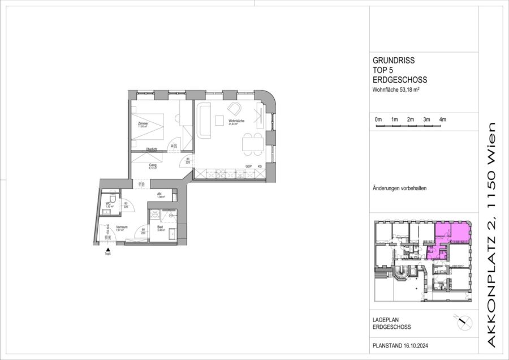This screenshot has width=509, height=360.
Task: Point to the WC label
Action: (x=108, y=205)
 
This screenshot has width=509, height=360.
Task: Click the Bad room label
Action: (x=160, y=226)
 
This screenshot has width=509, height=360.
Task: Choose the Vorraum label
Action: (x=120, y=227)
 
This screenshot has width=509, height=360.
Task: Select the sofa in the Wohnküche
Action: (x=203, y=121)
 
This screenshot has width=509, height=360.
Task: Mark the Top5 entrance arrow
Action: (x=107, y=248)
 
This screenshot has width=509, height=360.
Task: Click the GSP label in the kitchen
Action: (x=248, y=166)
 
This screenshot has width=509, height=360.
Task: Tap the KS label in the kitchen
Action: (x=260, y=166)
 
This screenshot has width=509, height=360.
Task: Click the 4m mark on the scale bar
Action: (x=443, y=120)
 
